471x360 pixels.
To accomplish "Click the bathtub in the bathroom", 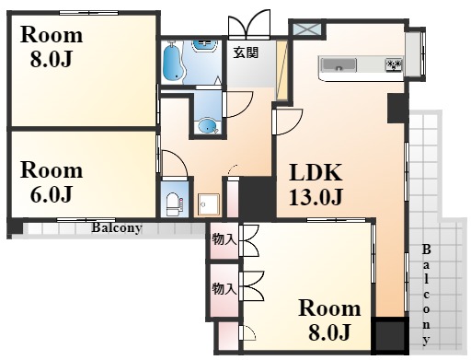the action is coord(174,63).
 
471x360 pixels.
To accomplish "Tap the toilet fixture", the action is coord(175,204).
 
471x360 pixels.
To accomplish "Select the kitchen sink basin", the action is coord(339,65).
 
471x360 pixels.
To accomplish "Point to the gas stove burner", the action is coord(394,65).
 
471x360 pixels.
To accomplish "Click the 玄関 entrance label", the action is coord(246,52).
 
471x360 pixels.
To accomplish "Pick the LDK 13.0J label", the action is coord(316,184).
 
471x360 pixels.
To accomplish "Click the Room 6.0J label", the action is coord(52,182).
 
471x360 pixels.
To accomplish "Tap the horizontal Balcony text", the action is coord(117,227).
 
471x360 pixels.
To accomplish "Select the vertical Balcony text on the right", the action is coord(426,295).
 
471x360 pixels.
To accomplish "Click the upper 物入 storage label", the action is coord(224,239).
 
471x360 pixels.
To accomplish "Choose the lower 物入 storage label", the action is coord(224,288).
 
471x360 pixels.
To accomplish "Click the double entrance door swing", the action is coord(249,24).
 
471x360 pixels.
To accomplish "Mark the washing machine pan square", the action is coord(209,204).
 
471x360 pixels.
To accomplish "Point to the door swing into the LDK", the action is coord(288,122).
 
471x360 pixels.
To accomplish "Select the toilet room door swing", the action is coord(174,163).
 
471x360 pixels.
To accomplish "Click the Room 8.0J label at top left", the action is coord(52,47).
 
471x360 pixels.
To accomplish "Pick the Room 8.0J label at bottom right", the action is coord(329,320).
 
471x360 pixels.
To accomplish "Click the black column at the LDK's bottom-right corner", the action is coord(390,336).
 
